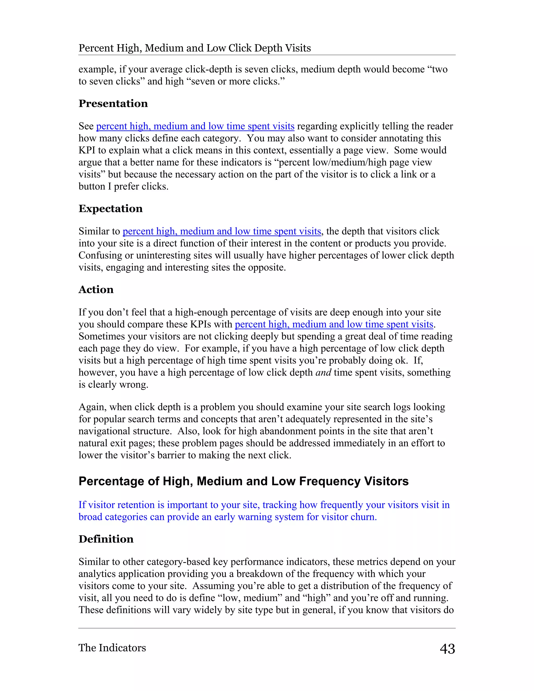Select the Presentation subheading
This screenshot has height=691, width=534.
pos(113,104)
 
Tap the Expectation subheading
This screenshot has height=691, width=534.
pos(110,209)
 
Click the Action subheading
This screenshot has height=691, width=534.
pos(96,289)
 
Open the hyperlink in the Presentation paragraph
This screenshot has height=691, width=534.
pos(195,126)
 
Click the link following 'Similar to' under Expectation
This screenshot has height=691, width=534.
pos(222,231)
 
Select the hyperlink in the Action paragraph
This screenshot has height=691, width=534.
pos(334,324)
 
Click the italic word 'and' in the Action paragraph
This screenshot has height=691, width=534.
pos(323,372)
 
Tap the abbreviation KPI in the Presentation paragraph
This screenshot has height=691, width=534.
pos(87,150)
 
